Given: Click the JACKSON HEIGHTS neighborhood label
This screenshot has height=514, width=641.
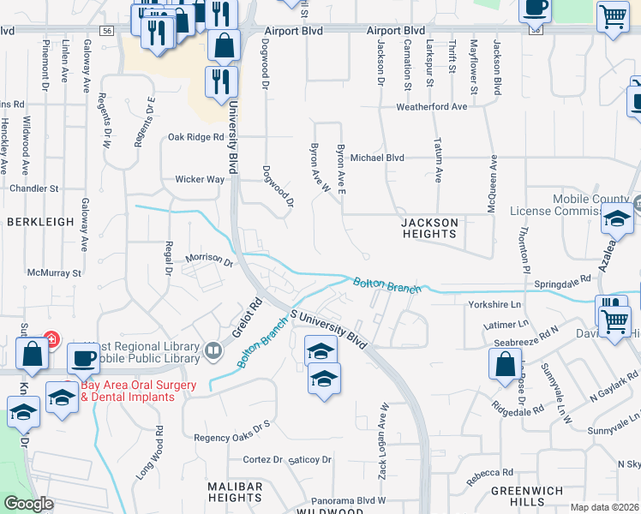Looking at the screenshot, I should point(430,228).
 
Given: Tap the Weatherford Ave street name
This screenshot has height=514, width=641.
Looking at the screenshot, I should point(431,107).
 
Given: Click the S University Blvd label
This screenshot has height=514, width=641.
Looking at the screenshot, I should point(328,327).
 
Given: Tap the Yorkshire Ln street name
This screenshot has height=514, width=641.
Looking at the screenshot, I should point(494,304).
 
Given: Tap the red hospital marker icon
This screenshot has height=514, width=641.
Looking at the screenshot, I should point(51,339).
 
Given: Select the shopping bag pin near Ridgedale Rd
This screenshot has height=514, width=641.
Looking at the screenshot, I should point(505,364).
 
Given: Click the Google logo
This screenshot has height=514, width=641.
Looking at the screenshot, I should point(28,505).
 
